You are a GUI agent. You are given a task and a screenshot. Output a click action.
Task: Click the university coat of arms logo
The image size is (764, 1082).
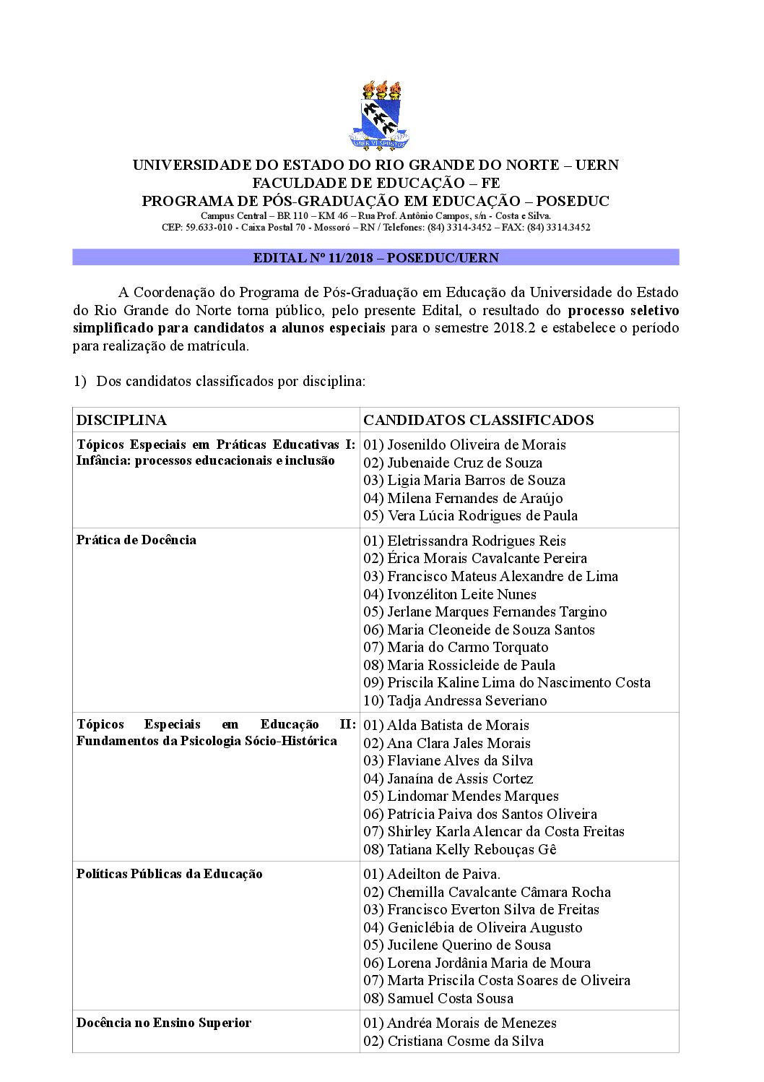point(380,116)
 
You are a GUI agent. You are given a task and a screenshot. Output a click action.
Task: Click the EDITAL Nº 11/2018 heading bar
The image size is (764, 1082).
point(376,258)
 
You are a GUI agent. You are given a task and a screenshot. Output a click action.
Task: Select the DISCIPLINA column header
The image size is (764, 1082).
point(121,420)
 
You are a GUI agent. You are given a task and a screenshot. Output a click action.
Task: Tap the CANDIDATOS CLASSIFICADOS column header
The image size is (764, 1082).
point(478,420)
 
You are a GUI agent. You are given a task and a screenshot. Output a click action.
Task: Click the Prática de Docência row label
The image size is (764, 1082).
point(136,540)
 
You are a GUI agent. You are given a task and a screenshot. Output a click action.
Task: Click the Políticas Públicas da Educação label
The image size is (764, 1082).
point(170,874)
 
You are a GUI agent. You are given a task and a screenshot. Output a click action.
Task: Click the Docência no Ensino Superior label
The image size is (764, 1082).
point(164,1023)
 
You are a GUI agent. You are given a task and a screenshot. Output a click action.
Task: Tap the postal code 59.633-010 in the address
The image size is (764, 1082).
point(209,227)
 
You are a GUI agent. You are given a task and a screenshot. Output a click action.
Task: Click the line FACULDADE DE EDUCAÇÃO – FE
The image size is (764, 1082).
point(376,183)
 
